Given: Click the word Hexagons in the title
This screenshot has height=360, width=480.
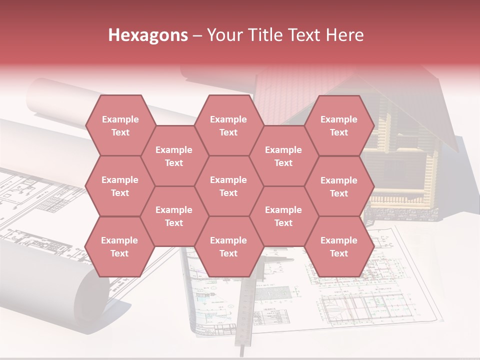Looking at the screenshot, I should click(148, 35).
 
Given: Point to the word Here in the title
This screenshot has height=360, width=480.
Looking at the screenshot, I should click(344, 35).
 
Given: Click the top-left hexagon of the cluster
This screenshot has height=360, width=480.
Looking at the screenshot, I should click(120, 125).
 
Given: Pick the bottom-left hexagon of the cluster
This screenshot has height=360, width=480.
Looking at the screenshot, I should click(119, 246).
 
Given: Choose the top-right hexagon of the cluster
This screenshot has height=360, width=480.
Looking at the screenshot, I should click(339, 125).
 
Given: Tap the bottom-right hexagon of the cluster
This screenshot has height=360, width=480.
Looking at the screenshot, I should click(339, 246).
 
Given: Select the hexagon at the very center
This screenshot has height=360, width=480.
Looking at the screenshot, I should click(228, 186).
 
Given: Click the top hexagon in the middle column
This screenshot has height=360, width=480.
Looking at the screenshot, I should click(228, 125).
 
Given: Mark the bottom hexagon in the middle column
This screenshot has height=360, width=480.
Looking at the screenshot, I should click(228, 246).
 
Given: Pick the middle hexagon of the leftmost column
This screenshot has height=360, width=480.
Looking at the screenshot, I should click(120, 186).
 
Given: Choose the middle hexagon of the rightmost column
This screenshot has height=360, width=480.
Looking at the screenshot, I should click(339, 186).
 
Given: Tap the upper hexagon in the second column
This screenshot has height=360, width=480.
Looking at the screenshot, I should click(174, 156).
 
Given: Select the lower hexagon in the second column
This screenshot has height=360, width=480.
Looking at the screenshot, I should click(174, 216).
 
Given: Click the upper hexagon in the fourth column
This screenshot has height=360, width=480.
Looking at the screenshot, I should click(283, 156).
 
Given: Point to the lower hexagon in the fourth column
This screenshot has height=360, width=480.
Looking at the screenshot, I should click(283, 216).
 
